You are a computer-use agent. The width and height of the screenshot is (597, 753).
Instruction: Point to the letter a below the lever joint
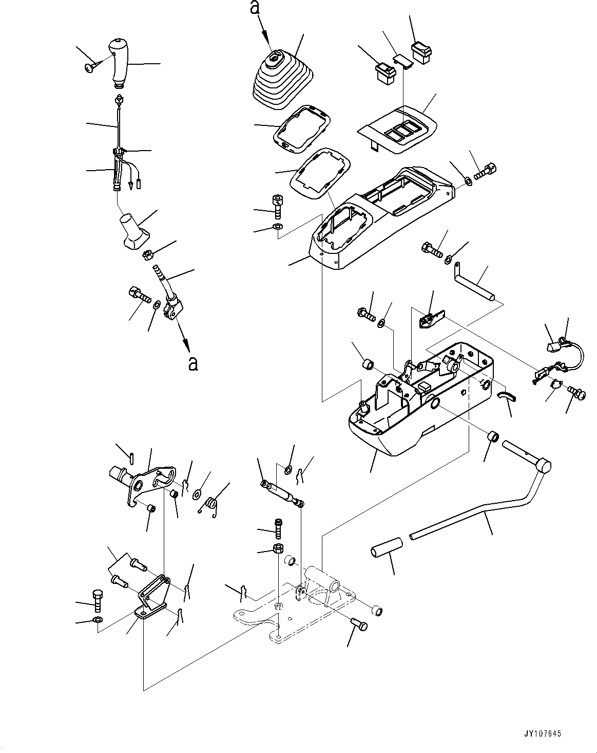coord(192,363)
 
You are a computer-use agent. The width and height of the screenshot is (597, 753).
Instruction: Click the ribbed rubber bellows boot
coord(278,80)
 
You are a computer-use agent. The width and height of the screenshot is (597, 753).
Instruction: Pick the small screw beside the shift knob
coord(91,67)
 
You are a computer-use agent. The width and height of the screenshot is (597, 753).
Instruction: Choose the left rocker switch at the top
coord(387,72)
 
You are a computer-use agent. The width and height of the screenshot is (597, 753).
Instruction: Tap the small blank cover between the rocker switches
coord(403,62)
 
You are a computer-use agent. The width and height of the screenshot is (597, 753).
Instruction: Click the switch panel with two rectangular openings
coord(400,128)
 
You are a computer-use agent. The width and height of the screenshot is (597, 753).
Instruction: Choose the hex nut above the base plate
coord(277,548)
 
